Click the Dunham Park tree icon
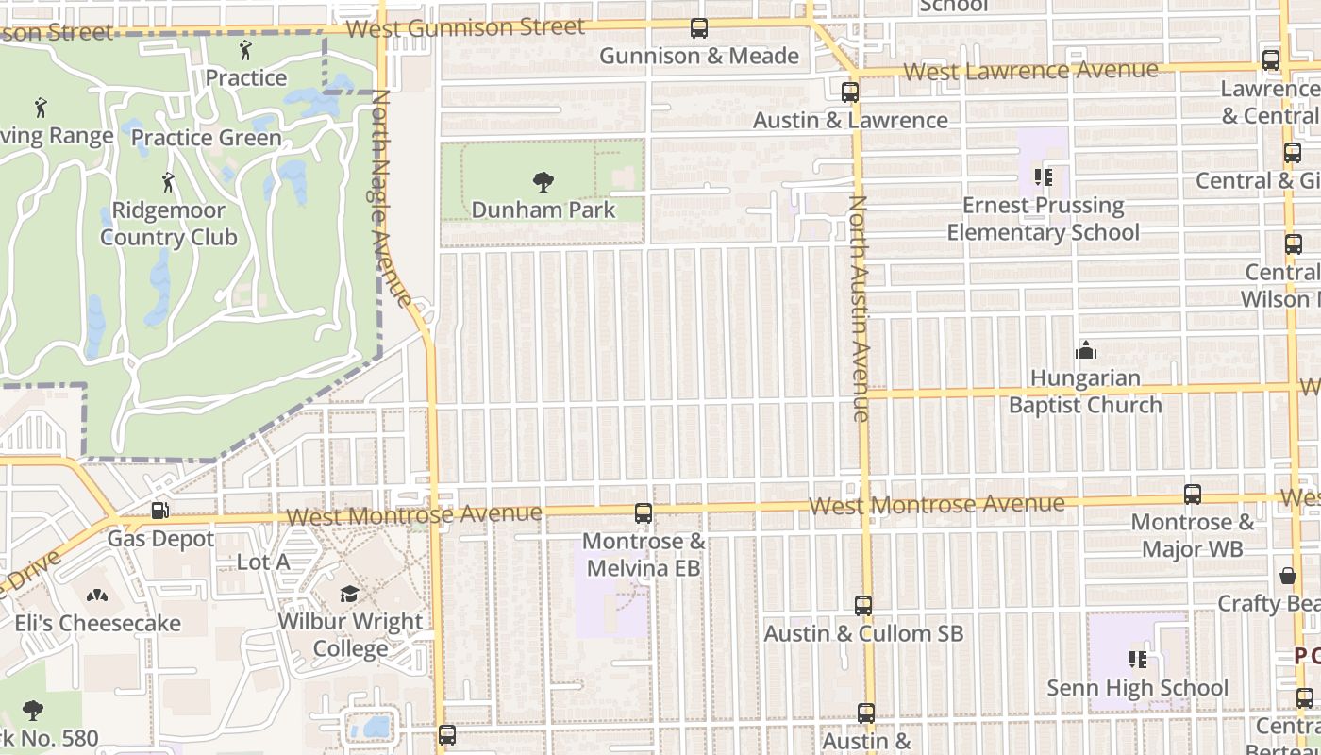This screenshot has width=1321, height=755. (543, 181)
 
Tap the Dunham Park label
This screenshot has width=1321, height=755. (543, 210)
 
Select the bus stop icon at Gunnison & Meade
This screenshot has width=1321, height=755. (699, 29)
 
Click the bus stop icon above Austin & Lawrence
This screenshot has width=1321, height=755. (850, 92)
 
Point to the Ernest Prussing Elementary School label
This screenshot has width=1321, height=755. (1043, 219)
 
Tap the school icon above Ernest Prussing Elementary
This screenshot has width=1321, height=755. (1043, 177)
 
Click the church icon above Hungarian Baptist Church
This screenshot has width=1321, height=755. (1086, 351)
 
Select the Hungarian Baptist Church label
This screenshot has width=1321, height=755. (1085, 392)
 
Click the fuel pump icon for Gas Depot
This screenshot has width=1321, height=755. (160, 512)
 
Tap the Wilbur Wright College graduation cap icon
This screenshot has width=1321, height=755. (349, 594)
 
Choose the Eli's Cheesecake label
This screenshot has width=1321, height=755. (97, 623)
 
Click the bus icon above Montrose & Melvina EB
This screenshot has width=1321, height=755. (644, 513)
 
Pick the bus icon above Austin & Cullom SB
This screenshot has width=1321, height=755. (863, 606)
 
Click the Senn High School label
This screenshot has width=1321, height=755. (1138, 688)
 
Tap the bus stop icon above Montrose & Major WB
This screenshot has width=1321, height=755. (1193, 495)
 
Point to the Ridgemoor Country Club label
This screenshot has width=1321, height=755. (169, 224)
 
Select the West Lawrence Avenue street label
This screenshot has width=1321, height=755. (1030, 71)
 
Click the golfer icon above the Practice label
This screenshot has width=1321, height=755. (246, 50)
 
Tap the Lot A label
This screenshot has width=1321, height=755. (262, 562)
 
